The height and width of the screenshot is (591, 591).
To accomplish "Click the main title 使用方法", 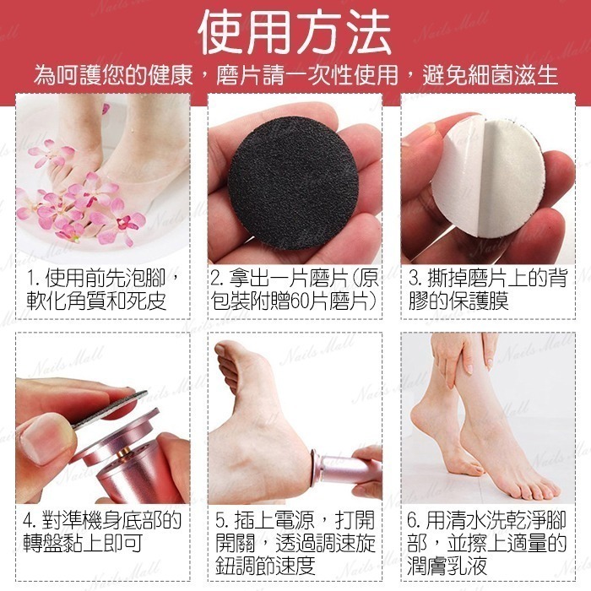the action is (x=295, y=32).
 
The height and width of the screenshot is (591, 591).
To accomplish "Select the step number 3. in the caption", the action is (x=415, y=279).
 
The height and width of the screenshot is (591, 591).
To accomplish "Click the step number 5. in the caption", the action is (x=222, y=521).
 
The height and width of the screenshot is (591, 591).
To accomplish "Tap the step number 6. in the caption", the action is (x=415, y=521).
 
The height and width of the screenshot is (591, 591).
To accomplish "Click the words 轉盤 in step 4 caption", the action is (x=42, y=543).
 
